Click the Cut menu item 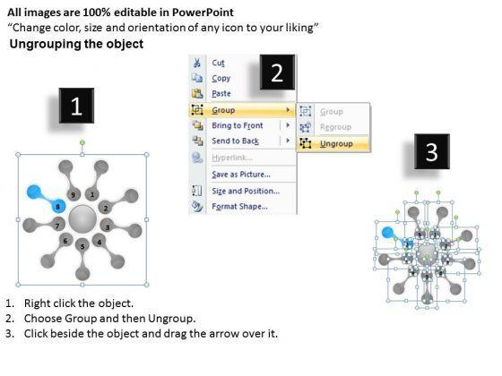point(218,63)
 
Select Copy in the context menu point(221,78)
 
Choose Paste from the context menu point(221,93)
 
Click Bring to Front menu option point(238,125)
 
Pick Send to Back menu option point(235,141)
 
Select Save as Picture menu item point(241,175)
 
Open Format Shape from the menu point(239,206)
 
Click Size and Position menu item point(246,191)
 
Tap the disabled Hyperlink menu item point(232,158)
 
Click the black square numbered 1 point(76,106)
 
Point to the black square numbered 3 point(432,151)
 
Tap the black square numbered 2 point(277,73)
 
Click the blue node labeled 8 point(58,207)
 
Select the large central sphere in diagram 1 point(82,219)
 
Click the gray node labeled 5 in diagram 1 point(82,246)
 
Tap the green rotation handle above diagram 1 point(82,142)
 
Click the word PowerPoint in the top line point(203,13)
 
